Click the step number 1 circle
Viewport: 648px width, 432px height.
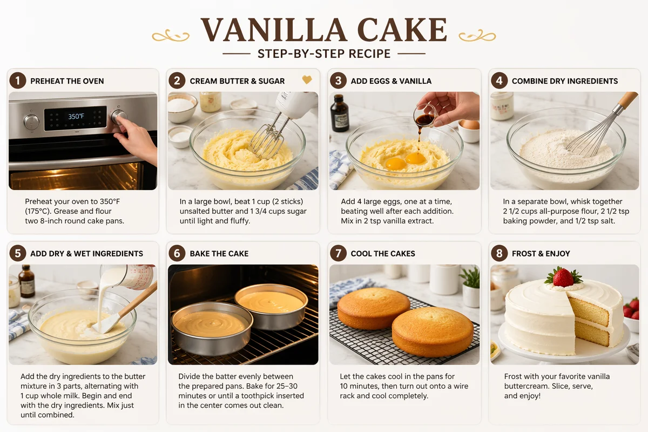tap(18, 80)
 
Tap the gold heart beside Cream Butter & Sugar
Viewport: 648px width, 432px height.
tap(307, 79)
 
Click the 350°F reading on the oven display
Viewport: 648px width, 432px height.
tap(76, 116)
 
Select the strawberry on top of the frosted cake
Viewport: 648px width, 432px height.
tap(563, 277)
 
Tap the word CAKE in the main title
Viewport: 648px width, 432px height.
tap(402, 30)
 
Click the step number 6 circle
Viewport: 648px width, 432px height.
tap(177, 253)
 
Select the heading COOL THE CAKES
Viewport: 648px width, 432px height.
tap(383, 253)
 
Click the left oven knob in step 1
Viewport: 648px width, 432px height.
tap(31, 122)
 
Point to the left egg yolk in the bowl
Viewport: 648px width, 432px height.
tap(396, 164)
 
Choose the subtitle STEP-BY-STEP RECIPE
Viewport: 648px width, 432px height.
tap(324, 54)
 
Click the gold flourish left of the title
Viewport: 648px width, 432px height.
tap(171, 35)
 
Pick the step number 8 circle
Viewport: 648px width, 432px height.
tap(500, 253)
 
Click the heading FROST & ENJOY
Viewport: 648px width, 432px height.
tap(541, 253)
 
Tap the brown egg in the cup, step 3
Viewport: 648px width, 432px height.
tap(470, 125)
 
